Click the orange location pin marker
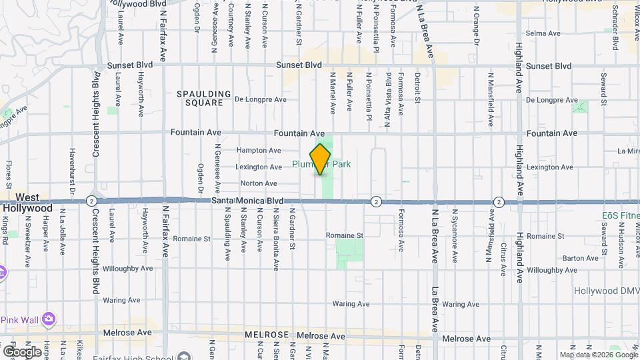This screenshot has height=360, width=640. coord(321,159)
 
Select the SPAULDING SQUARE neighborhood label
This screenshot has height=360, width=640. coord(204,98)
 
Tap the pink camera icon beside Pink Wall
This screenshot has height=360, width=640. coord(48,319)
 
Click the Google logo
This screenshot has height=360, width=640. coord(22,351)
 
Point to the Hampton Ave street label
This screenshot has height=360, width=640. coord(259,151)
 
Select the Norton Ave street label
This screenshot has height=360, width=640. coord(259,183)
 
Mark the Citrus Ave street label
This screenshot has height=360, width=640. coord(504,258)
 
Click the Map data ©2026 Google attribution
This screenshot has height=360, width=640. coord(598,355)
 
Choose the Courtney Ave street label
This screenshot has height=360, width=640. coord(231,25)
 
